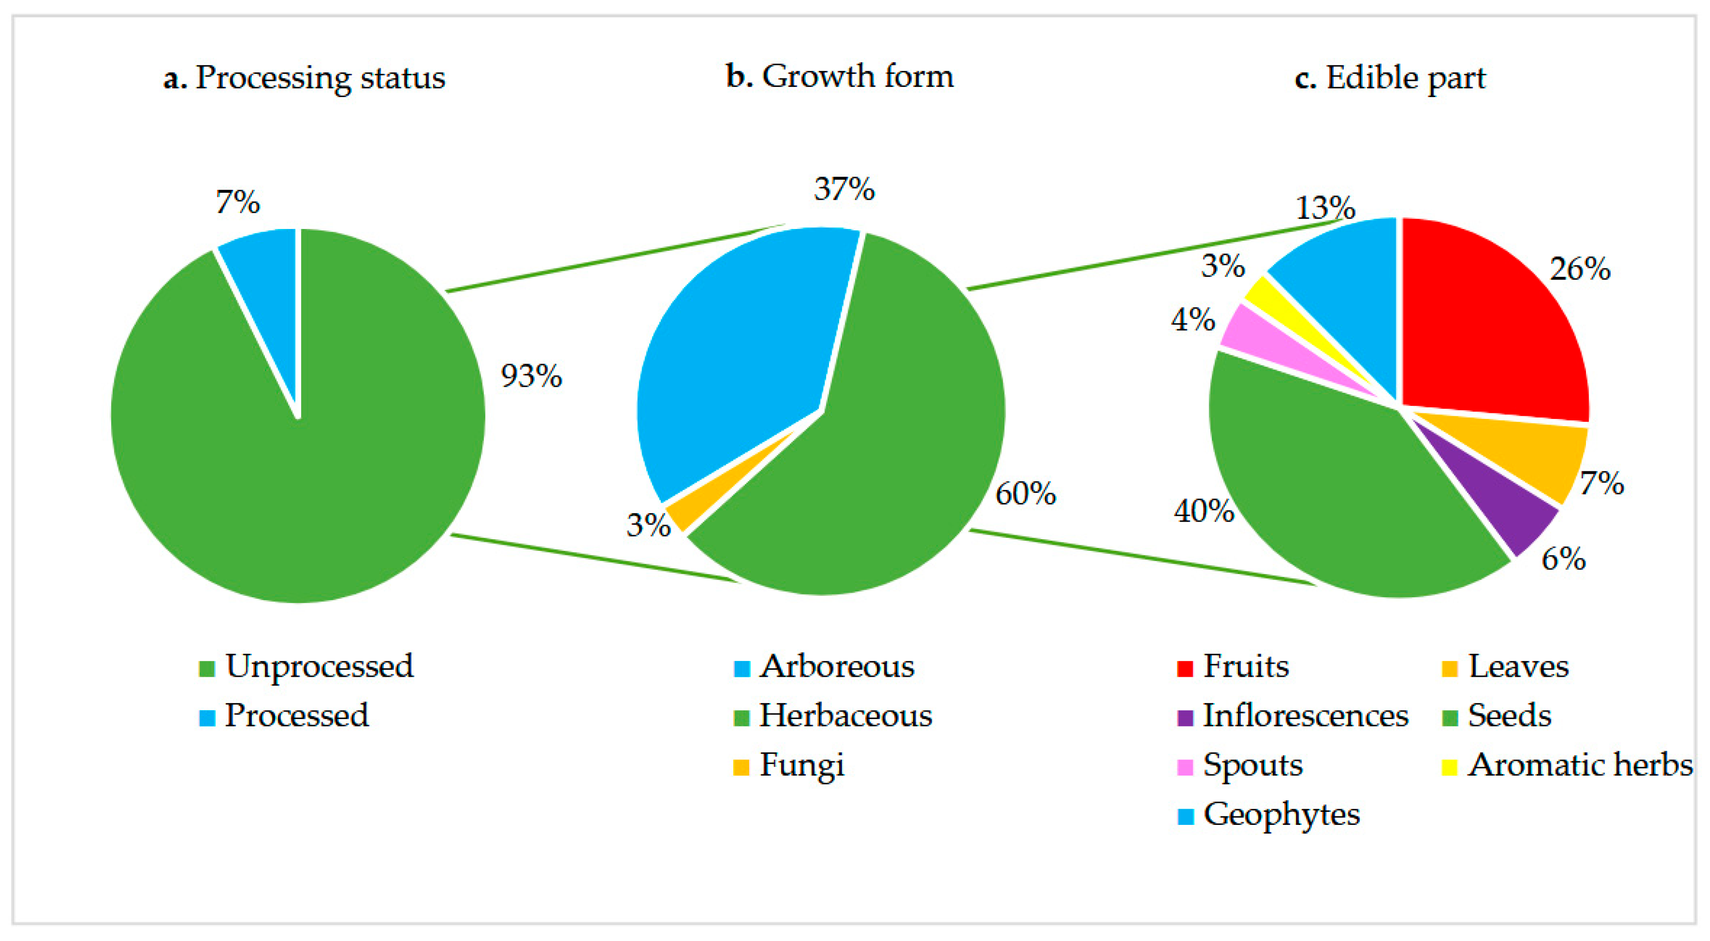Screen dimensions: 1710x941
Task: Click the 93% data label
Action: [x=531, y=376]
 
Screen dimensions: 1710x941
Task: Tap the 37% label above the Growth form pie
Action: [x=844, y=189]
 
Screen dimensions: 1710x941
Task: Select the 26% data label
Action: [x=1580, y=269]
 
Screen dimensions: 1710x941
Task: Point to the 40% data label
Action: [x=1204, y=510]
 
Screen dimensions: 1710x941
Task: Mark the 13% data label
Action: [x=1325, y=207]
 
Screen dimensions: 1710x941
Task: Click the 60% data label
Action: [x=1026, y=493]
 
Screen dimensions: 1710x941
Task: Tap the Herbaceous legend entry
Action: [x=833, y=715]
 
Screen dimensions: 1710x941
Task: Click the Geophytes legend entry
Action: [x=1269, y=814]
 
